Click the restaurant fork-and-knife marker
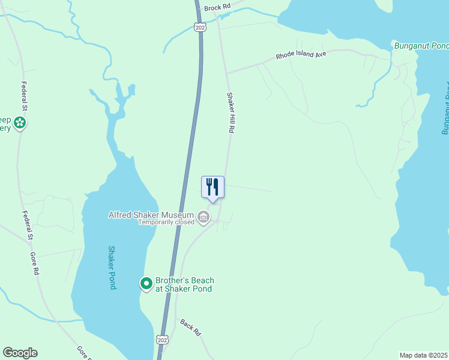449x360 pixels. pos(212,187)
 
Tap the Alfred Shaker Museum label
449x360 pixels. pos(151,215)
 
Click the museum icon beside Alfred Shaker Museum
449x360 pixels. pos(203,217)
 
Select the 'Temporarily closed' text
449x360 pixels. pos(166,222)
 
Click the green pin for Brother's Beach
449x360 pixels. pos(146,283)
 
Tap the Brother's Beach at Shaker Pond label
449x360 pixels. pos(184,284)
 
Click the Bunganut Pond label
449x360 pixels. pos(421,46)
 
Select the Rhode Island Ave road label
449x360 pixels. pos(301,55)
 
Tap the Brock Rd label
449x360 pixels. pos(217,7)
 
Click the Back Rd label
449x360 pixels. pos(190,327)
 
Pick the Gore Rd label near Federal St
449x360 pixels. pos(35,263)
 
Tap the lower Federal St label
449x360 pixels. pos(26,225)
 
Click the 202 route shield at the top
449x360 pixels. pos(200,27)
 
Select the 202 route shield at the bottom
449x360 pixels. pos(162,340)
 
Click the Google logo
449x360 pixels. pos(20,353)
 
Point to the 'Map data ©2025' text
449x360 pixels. pos(424,355)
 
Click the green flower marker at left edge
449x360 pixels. pos(20,123)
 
